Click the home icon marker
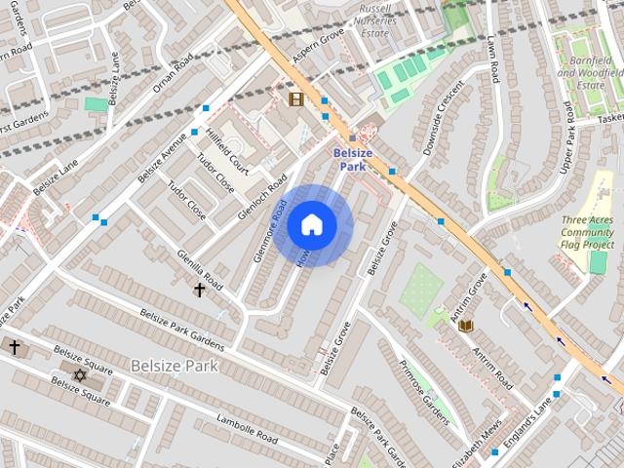(x=311, y=225)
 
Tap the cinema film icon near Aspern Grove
(x=295, y=98)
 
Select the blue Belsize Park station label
(x=353, y=160)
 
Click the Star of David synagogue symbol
(x=80, y=374)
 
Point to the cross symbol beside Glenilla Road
(x=199, y=290)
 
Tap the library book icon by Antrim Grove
(x=466, y=325)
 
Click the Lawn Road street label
(x=493, y=59)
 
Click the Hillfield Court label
(x=227, y=155)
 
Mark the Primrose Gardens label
(x=424, y=392)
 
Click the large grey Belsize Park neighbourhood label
(x=175, y=366)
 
